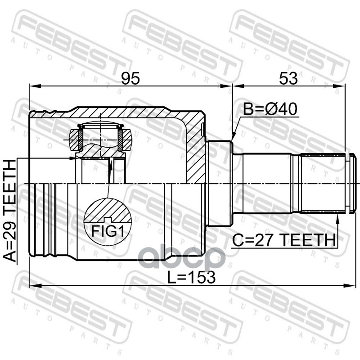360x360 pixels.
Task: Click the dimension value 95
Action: (x=130, y=78)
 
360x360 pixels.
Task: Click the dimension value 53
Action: (x=288, y=78)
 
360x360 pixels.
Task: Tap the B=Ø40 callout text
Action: (x=270, y=109)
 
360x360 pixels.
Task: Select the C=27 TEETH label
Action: (x=283, y=240)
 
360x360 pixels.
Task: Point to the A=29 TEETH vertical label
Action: (x=10, y=211)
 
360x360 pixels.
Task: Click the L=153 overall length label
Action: (x=191, y=277)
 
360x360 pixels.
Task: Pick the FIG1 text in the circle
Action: (x=108, y=231)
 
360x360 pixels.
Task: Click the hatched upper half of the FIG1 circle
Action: (x=108, y=211)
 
